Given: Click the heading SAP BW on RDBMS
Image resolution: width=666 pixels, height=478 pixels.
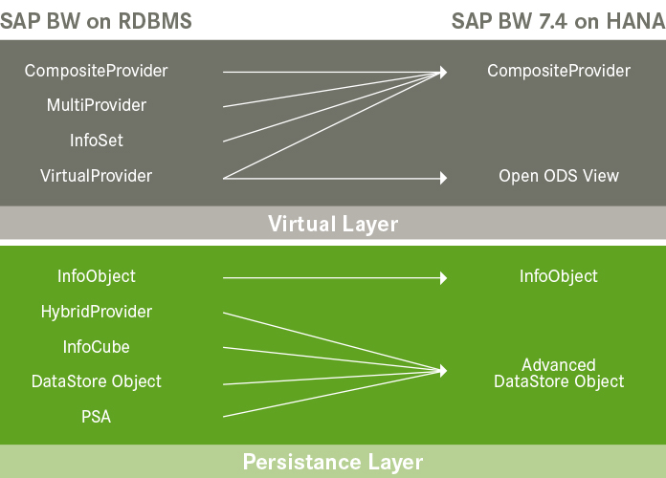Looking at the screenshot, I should pyautogui.click(x=96, y=21).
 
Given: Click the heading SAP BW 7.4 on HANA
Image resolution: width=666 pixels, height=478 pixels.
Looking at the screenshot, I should pyautogui.click(x=559, y=21).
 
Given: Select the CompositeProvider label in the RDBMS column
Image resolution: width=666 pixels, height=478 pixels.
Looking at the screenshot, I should pyautogui.click(x=97, y=71).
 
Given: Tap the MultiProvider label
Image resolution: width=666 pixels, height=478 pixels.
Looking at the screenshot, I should pyautogui.click(x=97, y=105).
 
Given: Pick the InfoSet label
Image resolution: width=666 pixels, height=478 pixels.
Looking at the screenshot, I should pyautogui.click(x=97, y=141).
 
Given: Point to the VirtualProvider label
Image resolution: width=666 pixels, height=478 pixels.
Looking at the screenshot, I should pyautogui.click(x=97, y=176).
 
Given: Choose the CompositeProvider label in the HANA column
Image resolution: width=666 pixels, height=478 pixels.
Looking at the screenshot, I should pyautogui.click(x=559, y=71).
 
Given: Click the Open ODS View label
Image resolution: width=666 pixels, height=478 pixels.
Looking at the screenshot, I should pyautogui.click(x=559, y=176).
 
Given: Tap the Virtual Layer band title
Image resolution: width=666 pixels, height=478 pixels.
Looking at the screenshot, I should pyautogui.click(x=333, y=224).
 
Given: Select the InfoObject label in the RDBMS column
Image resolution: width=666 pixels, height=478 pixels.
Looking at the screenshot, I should pyautogui.click(x=97, y=276).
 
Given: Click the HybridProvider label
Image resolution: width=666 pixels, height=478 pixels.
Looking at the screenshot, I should pyautogui.click(x=97, y=312).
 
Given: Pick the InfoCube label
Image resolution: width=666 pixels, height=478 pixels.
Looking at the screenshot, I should pyautogui.click(x=97, y=346).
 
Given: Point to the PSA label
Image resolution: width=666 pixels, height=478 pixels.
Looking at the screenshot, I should pyautogui.click(x=97, y=417).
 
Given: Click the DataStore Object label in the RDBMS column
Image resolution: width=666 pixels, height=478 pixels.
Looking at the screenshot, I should pyautogui.click(x=97, y=381).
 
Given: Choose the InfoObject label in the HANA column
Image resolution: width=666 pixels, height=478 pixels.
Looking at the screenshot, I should pyautogui.click(x=559, y=276).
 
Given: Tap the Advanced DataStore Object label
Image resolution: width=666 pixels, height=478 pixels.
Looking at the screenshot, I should pyautogui.click(x=559, y=373).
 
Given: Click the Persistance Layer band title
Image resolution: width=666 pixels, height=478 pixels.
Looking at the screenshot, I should pyautogui.click(x=333, y=463).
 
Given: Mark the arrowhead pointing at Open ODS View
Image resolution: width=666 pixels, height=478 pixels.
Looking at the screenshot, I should pyautogui.click(x=443, y=177).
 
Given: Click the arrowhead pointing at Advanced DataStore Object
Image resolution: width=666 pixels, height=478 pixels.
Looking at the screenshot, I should pyautogui.click(x=443, y=371).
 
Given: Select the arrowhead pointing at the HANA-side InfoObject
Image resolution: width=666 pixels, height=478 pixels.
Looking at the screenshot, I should pyautogui.click(x=443, y=277).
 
